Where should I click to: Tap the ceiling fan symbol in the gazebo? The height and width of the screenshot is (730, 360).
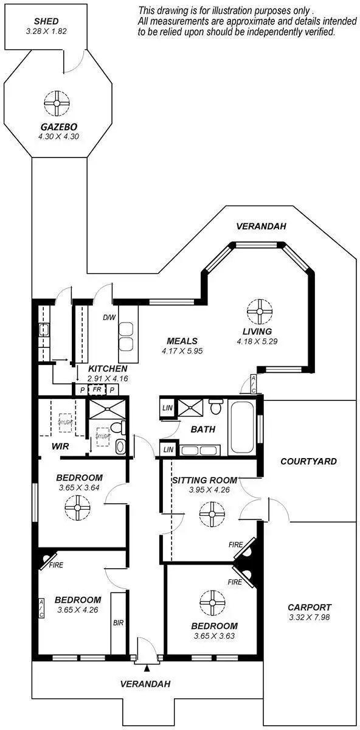(57, 103)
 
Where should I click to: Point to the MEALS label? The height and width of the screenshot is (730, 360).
(182, 341)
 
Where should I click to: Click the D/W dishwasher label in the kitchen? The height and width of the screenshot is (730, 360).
(109, 318)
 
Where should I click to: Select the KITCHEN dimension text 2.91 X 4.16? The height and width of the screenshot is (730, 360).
(108, 378)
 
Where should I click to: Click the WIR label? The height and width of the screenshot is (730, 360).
(60, 447)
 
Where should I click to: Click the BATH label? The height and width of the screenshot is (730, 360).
(203, 429)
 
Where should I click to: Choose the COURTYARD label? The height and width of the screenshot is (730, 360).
(308, 462)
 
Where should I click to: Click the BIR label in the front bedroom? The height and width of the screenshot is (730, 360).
(119, 623)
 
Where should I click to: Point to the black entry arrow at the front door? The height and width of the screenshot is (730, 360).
(146, 669)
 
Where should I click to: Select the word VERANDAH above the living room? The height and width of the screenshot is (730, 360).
(261, 227)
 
